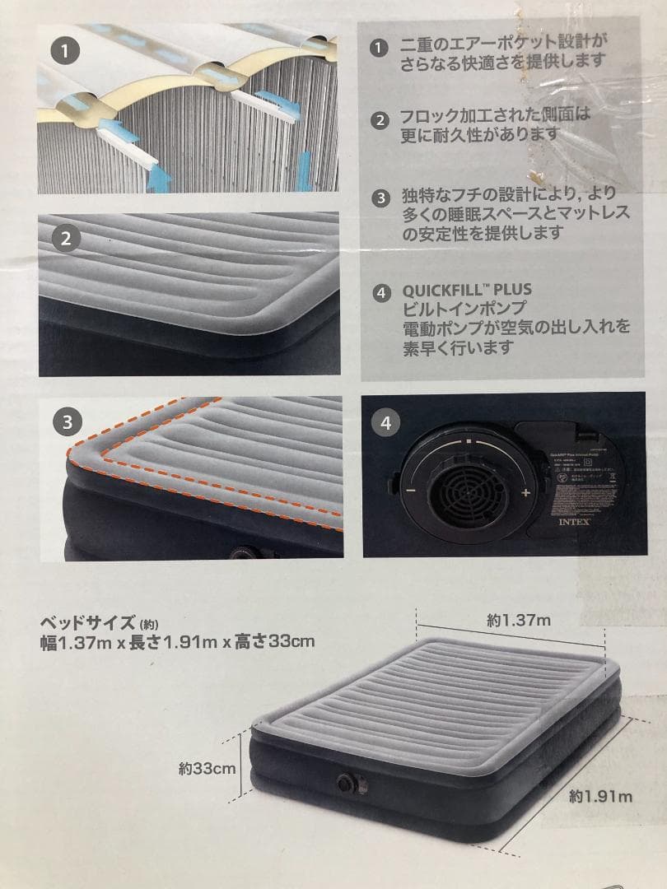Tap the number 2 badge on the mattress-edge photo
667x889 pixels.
click(x=65, y=240)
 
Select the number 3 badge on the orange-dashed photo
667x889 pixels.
click(x=65, y=422)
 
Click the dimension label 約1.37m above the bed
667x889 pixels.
click(x=519, y=621)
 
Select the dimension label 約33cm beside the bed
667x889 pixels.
click(x=208, y=769)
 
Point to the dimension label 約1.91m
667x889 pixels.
click(x=600, y=796)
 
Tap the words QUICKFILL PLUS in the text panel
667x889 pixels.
click(x=466, y=290)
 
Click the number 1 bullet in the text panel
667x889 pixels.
click(x=380, y=49)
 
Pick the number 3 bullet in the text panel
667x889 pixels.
click(x=380, y=198)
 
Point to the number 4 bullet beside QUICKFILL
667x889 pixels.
click(x=380, y=291)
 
